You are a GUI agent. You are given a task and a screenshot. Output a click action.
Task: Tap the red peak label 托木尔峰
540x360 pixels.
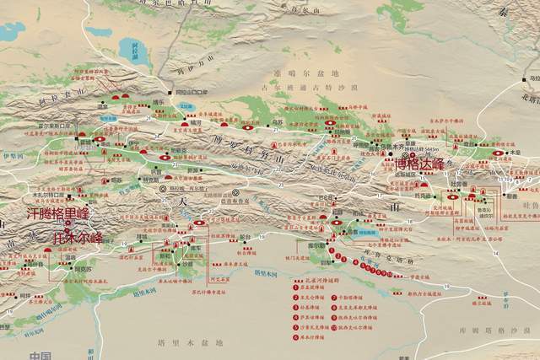[x=78, y=237]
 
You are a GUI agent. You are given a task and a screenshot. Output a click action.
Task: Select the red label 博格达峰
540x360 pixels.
[x=424, y=164]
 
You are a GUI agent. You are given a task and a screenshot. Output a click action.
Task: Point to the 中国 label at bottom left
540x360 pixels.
[x=40, y=355]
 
